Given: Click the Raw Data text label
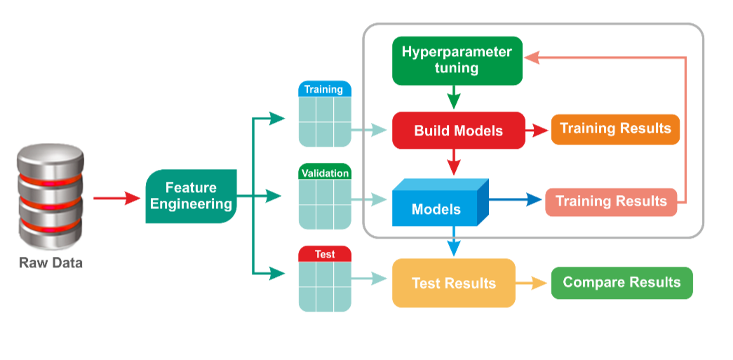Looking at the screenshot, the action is click(51, 262).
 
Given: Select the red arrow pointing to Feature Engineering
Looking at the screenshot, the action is click(117, 198).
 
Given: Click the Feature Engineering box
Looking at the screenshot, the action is click(191, 196).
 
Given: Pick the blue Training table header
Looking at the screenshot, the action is click(325, 89).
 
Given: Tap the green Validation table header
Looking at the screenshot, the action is click(325, 173).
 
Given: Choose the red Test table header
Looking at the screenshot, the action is click(325, 254).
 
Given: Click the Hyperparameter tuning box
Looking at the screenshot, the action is click(457, 61).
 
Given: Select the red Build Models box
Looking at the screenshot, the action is click(459, 131).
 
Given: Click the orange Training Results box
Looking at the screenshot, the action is click(615, 129).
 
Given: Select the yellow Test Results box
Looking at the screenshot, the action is click(453, 283).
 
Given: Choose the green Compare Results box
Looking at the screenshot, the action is click(621, 283).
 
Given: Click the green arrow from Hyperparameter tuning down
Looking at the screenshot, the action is click(453, 98).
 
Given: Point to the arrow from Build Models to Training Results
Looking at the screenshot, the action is click(537, 131).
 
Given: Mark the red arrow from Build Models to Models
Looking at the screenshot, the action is click(453, 162).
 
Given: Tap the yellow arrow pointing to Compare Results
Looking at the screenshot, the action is click(531, 283).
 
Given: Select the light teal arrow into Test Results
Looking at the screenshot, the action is click(369, 279).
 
